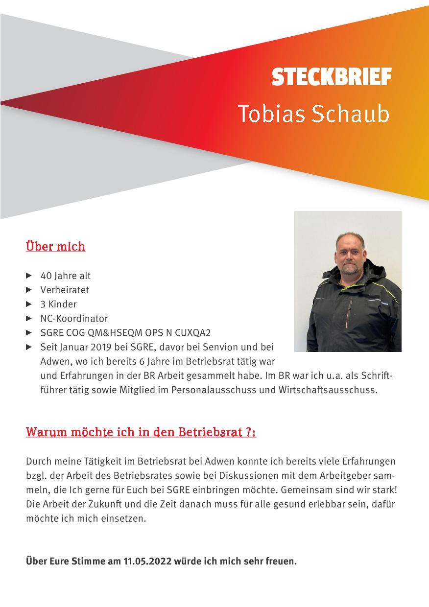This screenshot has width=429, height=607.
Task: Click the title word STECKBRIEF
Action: coord(332,77)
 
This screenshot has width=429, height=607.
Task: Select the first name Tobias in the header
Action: coord(271,114)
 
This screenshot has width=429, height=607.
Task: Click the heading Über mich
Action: coord(55,246)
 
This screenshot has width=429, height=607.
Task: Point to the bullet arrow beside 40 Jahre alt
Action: coord(29,276)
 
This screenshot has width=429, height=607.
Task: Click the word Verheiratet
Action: coord(65,290)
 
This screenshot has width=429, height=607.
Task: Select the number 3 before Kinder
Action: coord(43,304)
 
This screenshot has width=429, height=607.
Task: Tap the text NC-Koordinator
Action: coord(74,318)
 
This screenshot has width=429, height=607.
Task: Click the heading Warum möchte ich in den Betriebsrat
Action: coord(141,433)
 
